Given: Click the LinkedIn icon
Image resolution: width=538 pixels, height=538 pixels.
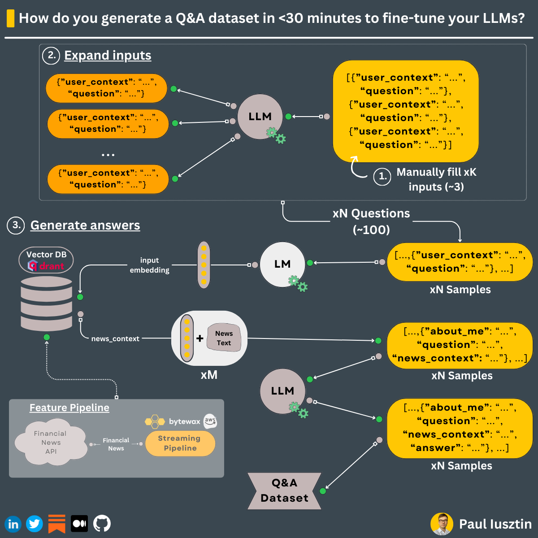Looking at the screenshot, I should (13, 524).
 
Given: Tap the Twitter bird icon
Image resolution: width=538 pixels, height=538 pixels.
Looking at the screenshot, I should (35, 524).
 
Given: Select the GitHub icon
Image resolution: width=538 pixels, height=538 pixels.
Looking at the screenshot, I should (102, 523).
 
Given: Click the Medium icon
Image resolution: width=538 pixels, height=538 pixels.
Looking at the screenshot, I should (79, 523).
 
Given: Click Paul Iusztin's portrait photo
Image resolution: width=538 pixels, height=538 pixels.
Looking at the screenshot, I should (442, 524).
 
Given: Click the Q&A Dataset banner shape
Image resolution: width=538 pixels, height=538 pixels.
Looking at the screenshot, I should (284, 491).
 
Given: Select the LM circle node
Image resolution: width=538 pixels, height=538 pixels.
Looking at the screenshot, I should (282, 264).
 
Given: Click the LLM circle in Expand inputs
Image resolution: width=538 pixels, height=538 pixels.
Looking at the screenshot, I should (260, 117).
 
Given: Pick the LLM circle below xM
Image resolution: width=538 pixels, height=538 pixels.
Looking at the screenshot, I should (282, 391).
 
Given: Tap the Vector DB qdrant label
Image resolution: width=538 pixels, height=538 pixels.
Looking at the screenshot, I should (46, 260).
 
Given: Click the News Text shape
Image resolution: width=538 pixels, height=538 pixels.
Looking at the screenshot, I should (224, 338).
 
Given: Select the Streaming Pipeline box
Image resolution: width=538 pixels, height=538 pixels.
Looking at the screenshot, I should (180, 443).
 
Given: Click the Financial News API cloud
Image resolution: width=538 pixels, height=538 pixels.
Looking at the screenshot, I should (51, 443).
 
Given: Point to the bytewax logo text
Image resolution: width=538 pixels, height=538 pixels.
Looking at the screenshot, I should (184, 421).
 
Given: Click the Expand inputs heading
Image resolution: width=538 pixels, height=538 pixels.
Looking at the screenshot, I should (108, 55).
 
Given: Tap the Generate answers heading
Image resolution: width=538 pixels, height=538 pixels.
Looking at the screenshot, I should (85, 225).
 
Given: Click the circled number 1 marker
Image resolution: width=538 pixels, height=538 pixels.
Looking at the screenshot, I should (382, 176).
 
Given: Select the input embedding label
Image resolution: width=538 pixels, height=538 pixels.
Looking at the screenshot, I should (149, 265).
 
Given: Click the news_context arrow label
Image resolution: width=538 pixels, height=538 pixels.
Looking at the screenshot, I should (115, 339).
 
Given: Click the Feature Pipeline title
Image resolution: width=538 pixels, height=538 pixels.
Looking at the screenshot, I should (69, 408).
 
